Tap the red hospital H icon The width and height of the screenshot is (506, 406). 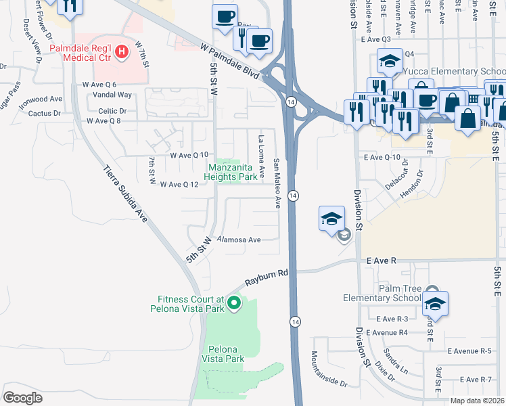[x=122, y=51]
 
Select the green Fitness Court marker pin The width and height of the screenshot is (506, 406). [x=234, y=303]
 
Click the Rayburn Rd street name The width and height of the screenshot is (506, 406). [x=267, y=278]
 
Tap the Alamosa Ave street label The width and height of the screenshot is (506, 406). [x=238, y=240]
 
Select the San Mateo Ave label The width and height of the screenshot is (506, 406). [x=277, y=183]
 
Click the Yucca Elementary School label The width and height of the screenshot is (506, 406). [x=453, y=71]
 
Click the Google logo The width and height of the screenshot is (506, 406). [x=23, y=397]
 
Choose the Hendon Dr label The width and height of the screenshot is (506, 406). [x=415, y=183]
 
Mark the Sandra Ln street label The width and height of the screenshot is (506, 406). [x=396, y=361]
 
